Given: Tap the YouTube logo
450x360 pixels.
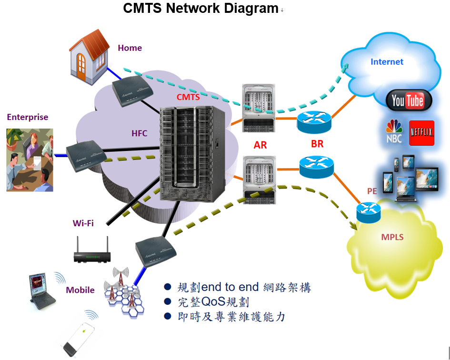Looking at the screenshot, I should point(408,100).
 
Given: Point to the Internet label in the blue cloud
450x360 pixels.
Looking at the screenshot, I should point(387,62).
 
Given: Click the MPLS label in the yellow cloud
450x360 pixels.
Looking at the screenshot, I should point(392,237).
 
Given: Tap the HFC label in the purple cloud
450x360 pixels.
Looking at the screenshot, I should point(140,134).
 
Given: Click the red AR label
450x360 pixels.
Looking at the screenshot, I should point(260,145).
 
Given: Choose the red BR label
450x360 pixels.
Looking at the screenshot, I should point(317,144).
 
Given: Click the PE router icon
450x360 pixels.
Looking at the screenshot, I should point(369,211).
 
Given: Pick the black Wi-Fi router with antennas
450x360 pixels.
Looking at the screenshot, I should point(92,252).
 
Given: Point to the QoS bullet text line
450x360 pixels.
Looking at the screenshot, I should point(213,302).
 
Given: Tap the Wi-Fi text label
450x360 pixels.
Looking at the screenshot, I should point(83,223).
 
